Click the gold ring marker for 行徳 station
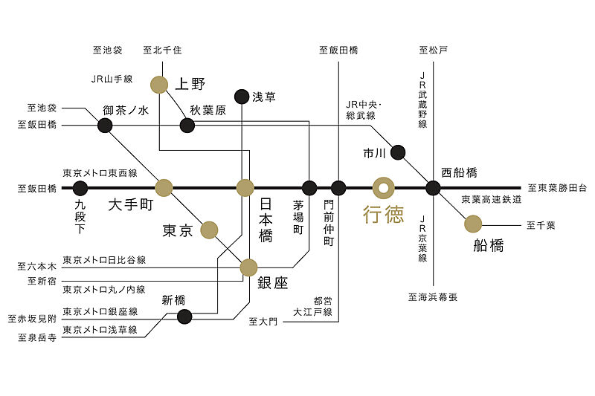point(384,187)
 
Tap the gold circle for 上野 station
point(159,85)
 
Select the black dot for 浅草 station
point(242,97)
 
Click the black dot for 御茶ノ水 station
point(105,125)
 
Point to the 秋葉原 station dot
point(187,125)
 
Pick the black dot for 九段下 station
point(80,188)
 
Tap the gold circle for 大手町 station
point(164,187)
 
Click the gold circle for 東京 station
point(209,230)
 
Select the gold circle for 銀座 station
point(248,267)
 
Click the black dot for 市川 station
point(398,152)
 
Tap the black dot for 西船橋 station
point(434,188)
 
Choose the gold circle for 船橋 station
point(473,223)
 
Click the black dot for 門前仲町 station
point(338,188)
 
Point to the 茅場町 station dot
point(309,188)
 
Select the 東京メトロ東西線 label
point(100,173)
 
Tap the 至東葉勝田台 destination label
point(557,189)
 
